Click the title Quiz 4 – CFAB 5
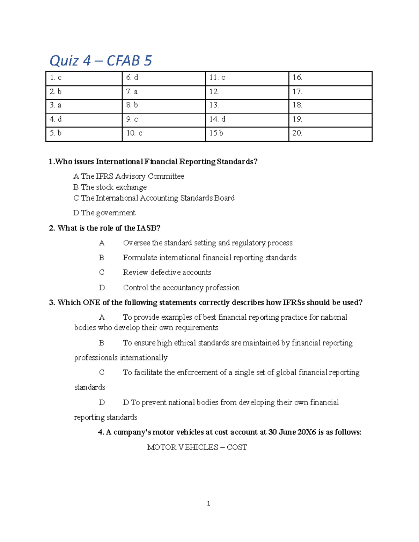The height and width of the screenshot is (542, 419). [101, 61]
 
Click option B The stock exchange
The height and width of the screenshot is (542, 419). [110, 187]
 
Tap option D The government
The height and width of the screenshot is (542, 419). [104, 213]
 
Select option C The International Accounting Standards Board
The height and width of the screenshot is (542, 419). [154, 198]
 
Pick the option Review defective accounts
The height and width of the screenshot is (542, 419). [167, 273]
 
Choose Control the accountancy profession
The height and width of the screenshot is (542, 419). [181, 288]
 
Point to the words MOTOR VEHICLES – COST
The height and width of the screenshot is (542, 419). [197, 447]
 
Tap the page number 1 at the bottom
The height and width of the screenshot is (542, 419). [208, 503]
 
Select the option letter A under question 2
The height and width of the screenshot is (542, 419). [102, 243]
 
